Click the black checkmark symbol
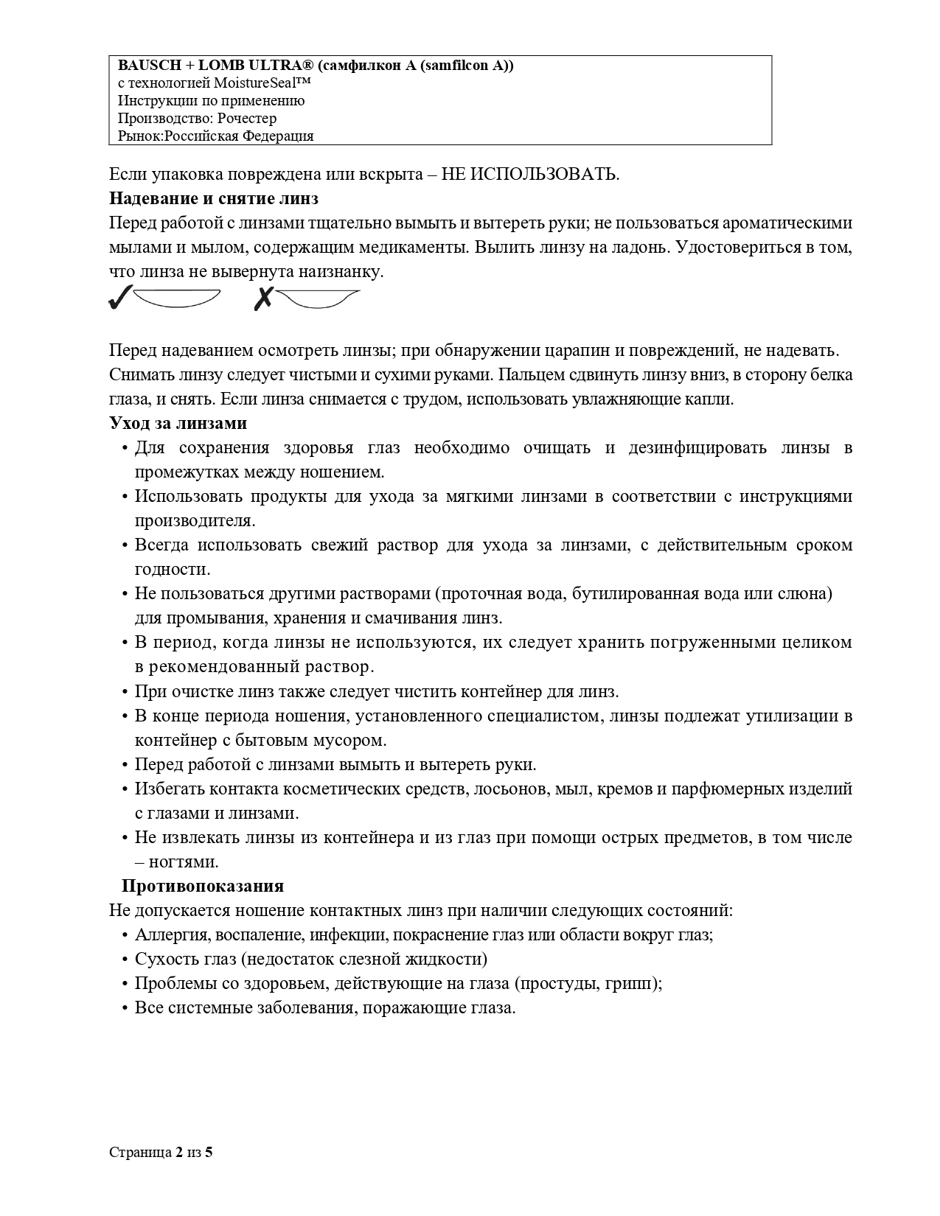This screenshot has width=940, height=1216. tap(119, 298)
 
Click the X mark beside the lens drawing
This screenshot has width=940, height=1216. tap(263, 298)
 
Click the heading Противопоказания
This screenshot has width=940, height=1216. tap(203, 886)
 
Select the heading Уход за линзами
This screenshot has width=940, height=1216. tap(178, 423)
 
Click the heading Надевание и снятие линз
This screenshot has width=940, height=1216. tap(213, 198)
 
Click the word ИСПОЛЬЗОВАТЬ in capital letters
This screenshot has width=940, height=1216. tap(543, 175)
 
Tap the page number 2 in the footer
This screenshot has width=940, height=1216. tap(179, 1152)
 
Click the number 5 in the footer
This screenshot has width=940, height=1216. tap(209, 1152)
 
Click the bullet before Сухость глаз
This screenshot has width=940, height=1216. tap(125, 960)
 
